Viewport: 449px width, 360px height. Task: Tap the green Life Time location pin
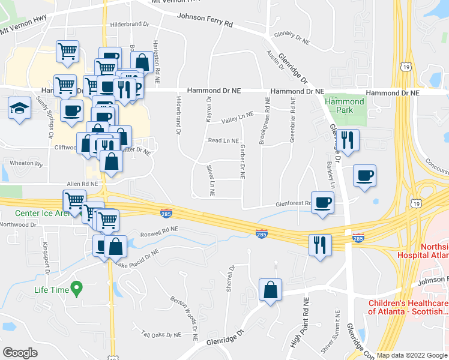(x=76, y=289)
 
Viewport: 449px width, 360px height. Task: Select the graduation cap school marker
(x=19, y=109)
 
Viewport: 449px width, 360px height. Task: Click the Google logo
(x=20, y=353)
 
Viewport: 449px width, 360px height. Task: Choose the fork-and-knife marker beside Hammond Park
(x=348, y=140)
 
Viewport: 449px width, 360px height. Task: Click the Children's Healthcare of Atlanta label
(x=408, y=306)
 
